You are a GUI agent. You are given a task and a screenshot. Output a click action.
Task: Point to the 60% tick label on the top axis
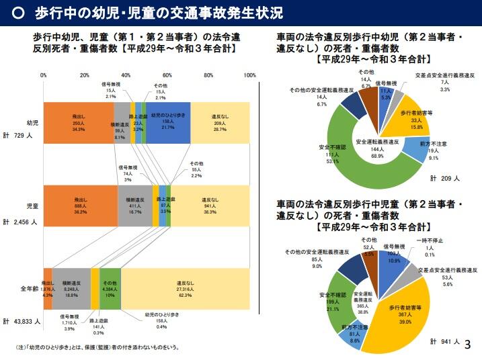[x=167, y=75]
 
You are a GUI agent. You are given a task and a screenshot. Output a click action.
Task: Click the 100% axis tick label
[x=249, y=75]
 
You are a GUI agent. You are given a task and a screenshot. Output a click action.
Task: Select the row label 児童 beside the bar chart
[x=32, y=204]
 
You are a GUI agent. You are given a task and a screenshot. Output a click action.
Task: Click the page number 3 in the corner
[x=468, y=343]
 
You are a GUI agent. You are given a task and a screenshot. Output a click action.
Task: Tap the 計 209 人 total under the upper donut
[x=445, y=179]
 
